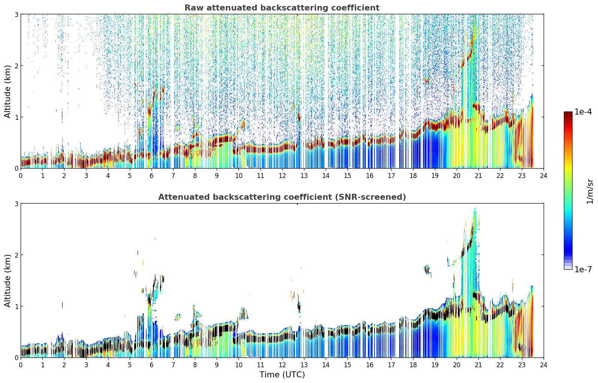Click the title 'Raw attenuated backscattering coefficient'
(x=282, y=8)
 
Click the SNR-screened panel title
(x=282, y=197)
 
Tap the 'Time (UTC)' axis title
(x=282, y=375)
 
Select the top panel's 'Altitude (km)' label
(x=7, y=91)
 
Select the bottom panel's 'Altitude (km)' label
(x=7, y=280)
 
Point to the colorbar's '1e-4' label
(x=583, y=112)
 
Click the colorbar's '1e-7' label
(x=583, y=269)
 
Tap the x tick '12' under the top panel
(x=282, y=176)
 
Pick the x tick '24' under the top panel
(x=544, y=176)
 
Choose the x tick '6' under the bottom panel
(x=151, y=365)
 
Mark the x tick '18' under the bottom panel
(x=413, y=365)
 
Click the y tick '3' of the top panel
(x=16, y=14)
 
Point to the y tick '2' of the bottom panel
(x=16, y=255)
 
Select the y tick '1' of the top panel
(x=16, y=117)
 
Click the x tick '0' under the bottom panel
(x=21, y=365)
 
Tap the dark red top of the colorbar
(x=568, y=113)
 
